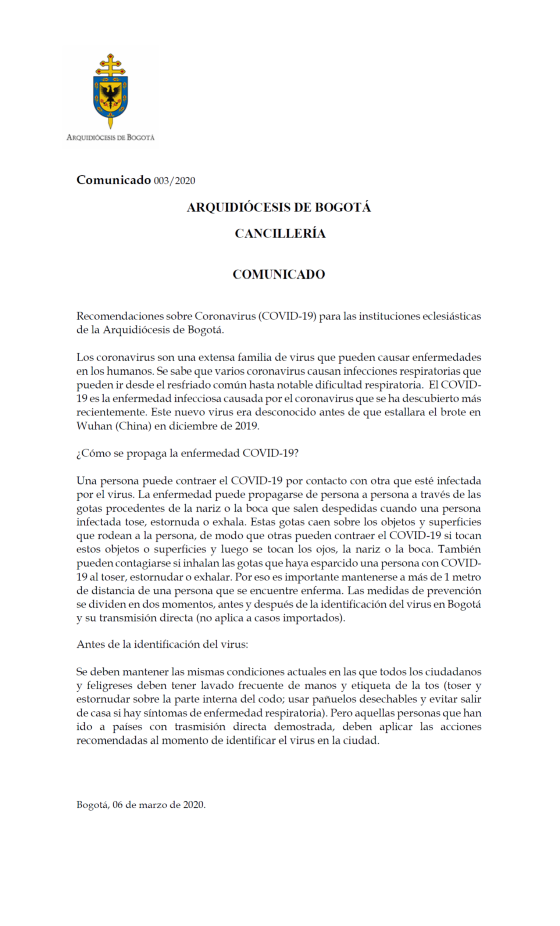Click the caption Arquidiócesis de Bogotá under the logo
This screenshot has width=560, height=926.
pos(110,137)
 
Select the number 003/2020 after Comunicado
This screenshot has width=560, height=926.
pos(174,181)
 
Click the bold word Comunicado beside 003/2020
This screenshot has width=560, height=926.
pos(114,180)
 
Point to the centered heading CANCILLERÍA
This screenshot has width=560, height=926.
pos(280,234)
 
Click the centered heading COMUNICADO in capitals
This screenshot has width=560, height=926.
pos(278,274)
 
